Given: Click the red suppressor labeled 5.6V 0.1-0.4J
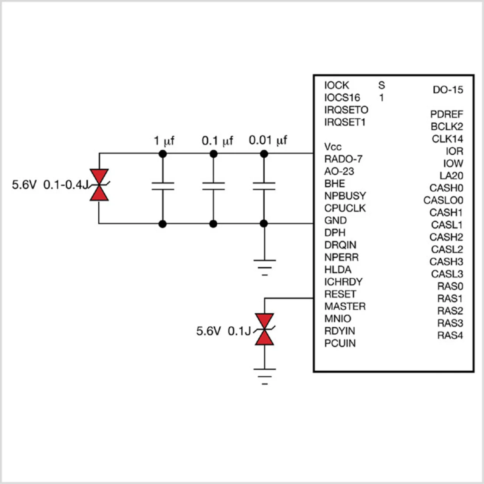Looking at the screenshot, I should tap(99, 185).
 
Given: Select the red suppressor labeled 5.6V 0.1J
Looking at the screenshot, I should tap(264, 329).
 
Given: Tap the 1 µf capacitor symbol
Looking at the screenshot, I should tap(163, 186).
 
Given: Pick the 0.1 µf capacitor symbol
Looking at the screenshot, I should tap(213, 186).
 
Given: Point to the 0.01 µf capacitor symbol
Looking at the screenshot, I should tap(264, 186).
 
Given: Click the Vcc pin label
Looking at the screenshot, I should tap(333, 147).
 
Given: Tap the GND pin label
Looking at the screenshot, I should tap(335, 220).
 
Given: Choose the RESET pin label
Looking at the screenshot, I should tap(340, 294).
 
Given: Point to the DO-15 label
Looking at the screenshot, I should tap(448, 90).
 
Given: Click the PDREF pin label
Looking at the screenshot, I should tap(446, 114).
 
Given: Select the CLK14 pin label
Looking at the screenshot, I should tap(447, 139).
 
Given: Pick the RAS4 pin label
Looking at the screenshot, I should tap(450, 335).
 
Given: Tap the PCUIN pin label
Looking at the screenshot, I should tap(340, 343).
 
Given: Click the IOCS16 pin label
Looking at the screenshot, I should tap(342, 98).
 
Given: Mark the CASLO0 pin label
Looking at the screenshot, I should tap(443, 200).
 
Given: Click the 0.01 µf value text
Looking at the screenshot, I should tap(268, 141).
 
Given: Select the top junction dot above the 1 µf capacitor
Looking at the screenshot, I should tap(163, 154).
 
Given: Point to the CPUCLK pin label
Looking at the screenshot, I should tap(345, 208).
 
